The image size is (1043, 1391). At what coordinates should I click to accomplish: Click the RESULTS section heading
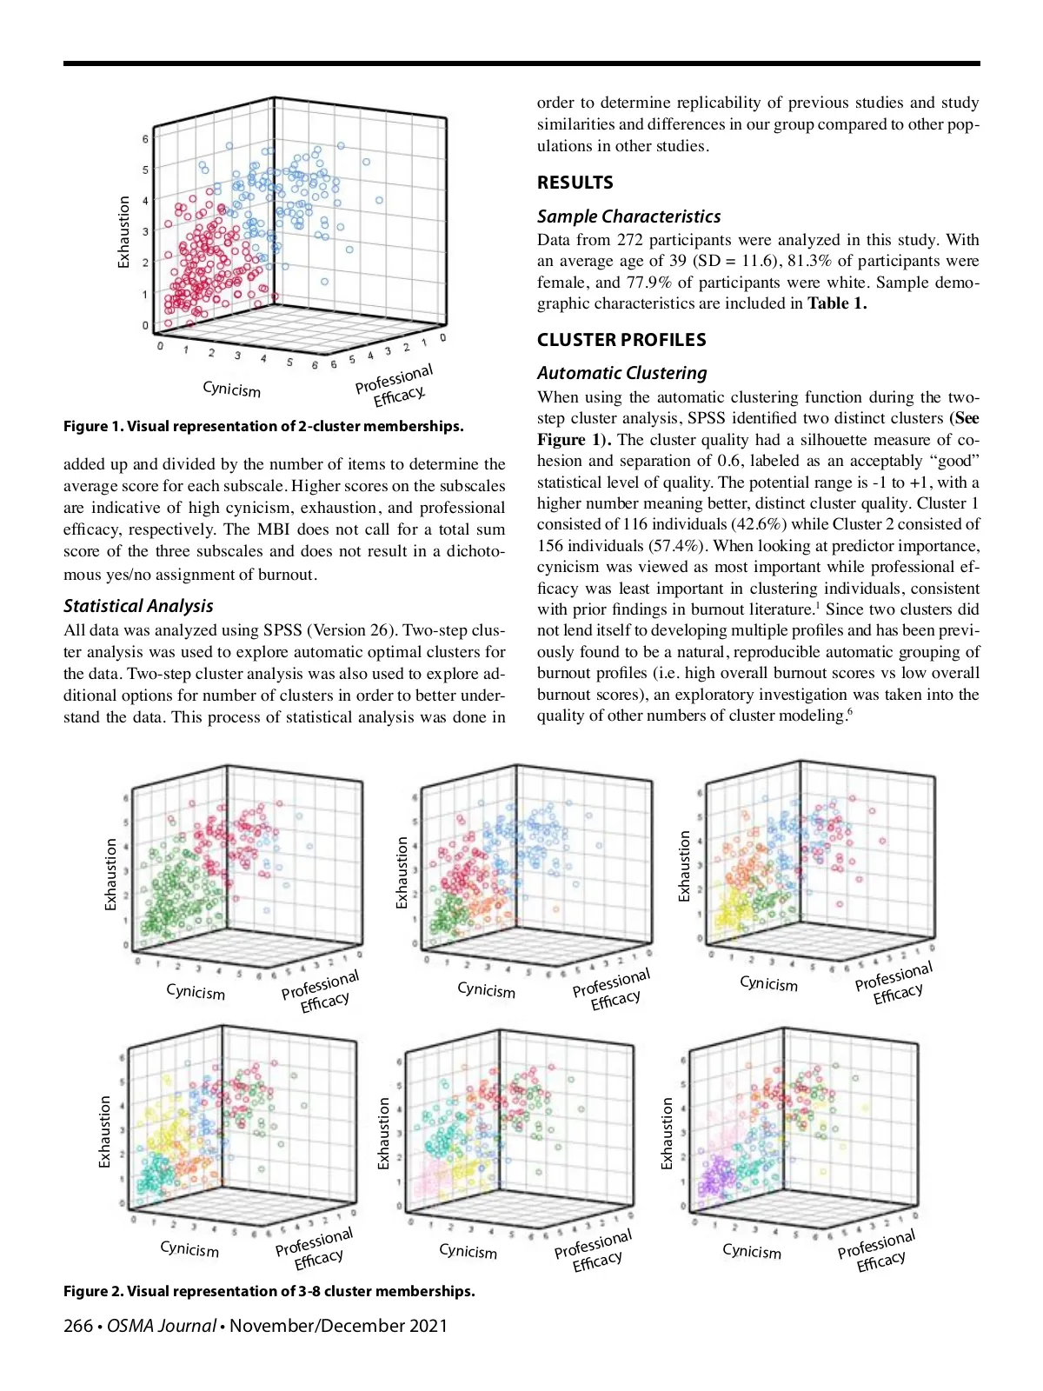click(x=575, y=183)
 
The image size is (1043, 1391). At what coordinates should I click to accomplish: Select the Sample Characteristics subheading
click(x=628, y=216)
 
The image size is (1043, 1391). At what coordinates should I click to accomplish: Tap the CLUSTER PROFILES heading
click(x=621, y=340)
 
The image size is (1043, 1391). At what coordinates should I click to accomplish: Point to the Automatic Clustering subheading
click(x=621, y=373)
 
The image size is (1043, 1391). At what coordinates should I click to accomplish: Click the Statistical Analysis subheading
click(x=138, y=606)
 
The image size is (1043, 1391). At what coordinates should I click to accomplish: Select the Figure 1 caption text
click(x=263, y=426)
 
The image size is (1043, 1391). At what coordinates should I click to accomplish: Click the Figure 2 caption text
click(x=269, y=1291)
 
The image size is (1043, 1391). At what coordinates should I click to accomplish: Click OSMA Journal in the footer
click(x=161, y=1326)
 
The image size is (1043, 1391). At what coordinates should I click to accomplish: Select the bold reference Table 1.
click(x=836, y=303)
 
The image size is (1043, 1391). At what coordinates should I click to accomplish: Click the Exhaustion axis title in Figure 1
click(x=124, y=232)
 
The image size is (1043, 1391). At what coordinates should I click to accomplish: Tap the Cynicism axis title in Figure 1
click(x=231, y=389)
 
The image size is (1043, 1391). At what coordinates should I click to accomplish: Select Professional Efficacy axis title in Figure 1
click(x=395, y=385)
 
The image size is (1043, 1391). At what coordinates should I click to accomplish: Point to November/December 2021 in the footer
click(x=339, y=1326)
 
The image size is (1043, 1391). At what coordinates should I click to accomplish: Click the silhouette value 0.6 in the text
click(x=727, y=461)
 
